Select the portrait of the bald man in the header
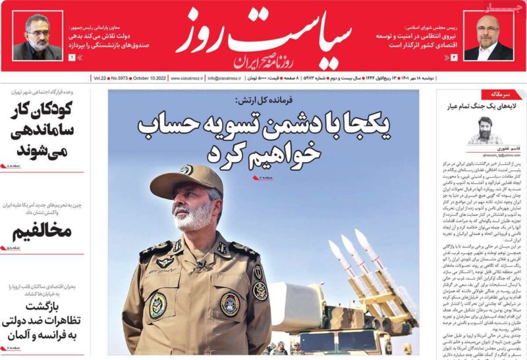click(489, 37)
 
